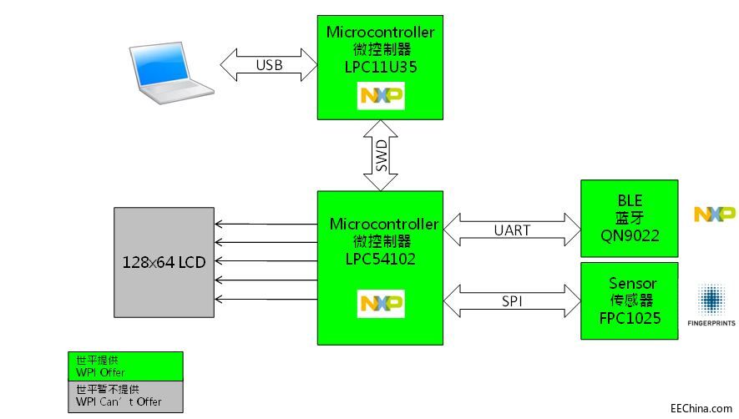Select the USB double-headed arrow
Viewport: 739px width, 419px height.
[269, 64]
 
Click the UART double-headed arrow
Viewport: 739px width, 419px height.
[512, 230]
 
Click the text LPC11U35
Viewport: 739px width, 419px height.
[380, 65]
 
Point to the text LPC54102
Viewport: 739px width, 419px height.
[380, 258]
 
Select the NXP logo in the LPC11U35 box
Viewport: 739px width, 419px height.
[381, 97]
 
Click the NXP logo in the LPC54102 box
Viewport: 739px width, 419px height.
[381, 304]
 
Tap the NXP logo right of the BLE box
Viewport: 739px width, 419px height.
[714, 215]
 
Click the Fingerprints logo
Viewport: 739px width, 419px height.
[711, 304]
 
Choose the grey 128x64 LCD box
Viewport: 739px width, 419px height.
[164, 260]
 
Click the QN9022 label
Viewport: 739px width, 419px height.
[629, 235]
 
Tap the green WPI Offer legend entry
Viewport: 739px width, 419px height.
[125, 366]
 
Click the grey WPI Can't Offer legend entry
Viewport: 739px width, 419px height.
[125, 396]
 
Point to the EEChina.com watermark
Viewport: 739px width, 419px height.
[701, 407]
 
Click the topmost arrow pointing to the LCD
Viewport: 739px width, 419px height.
[266, 224]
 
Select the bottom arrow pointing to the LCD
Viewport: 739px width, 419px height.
[266, 298]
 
